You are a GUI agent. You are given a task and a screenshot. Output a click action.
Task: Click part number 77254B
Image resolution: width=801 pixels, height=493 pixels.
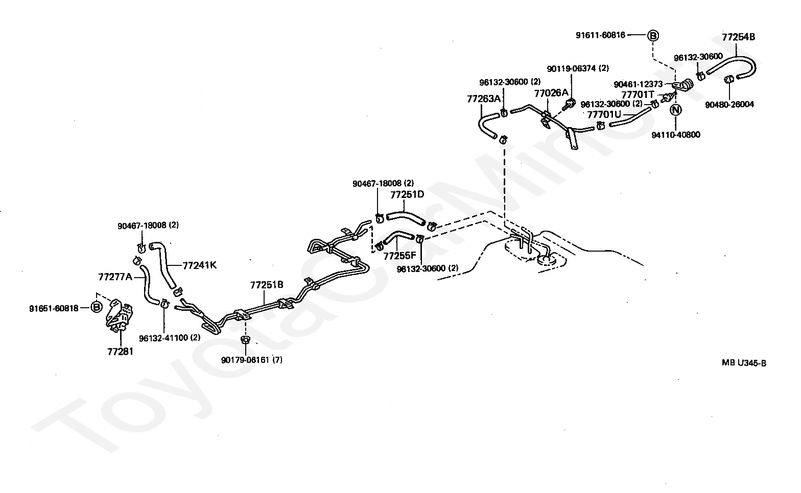(x=739, y=37)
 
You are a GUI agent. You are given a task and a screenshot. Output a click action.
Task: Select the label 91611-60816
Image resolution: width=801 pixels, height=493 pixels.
(x=600, y=35)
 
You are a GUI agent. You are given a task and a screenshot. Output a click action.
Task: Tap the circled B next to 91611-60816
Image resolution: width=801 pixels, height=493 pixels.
(x=653, y=35)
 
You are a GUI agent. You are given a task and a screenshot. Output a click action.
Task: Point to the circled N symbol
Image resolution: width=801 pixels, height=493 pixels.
(x=675, y=110)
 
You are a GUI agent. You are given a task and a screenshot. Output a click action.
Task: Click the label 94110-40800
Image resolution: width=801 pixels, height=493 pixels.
(x=676, y=135)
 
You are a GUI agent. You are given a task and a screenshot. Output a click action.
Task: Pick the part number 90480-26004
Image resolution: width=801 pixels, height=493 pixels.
(x=729, y=104)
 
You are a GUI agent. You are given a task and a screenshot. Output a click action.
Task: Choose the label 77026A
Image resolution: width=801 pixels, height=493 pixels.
(x=551, y=93)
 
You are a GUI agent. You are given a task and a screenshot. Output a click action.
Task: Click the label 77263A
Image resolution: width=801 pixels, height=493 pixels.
(x=484, y=98)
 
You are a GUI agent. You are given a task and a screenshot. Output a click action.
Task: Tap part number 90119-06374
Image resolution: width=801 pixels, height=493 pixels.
(x=572, y=68)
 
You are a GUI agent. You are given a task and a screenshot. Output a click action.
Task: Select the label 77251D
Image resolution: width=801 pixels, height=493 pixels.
(x=407, y=195)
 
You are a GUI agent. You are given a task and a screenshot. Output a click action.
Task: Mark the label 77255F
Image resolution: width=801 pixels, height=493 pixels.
(x=400, y=256)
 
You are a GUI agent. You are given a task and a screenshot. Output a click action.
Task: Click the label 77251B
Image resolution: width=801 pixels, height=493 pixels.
(x=267, y=285)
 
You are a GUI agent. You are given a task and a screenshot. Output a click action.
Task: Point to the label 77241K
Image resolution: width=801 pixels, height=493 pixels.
(x=200, y=265)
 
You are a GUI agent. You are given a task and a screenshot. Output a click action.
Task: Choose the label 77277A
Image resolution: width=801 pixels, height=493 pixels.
(x=115, y=277)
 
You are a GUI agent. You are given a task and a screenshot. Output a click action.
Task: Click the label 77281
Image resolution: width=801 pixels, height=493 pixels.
(x=120, y=352)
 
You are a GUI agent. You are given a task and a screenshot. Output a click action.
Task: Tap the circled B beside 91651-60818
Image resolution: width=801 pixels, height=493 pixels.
(x=97, y=307)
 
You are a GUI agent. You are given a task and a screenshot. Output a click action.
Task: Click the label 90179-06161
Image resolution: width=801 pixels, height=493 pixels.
(x=245, y=360)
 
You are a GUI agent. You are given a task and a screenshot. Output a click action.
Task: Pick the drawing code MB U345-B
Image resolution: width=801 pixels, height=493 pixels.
(x=744, y=363)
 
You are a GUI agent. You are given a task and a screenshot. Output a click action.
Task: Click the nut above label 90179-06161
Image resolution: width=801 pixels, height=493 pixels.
(x=245, y=339)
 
